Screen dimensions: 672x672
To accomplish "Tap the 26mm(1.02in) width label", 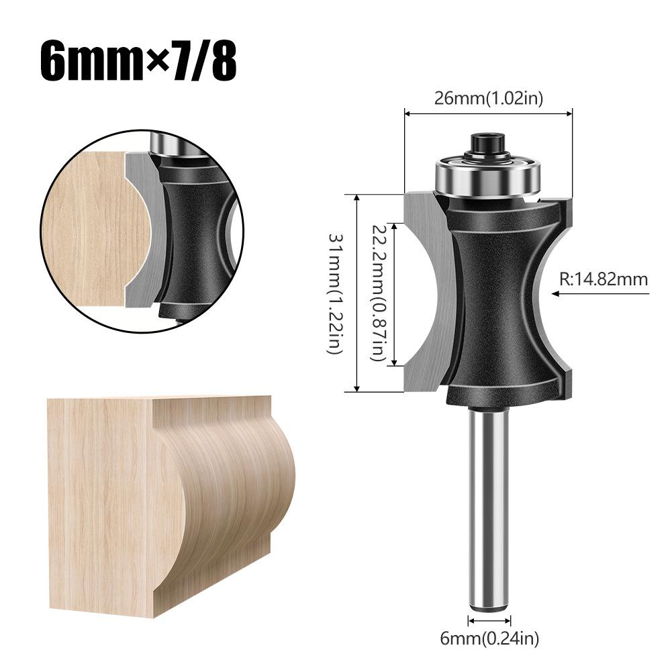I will (x=488, y=98).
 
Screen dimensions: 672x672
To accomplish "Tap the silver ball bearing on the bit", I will (x=488, y=176).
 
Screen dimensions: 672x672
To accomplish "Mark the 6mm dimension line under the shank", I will (x=490, y=621).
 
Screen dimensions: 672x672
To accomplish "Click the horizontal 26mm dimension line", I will (x=488, y=113).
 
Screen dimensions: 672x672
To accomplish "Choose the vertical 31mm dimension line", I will (x=356, y=293).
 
